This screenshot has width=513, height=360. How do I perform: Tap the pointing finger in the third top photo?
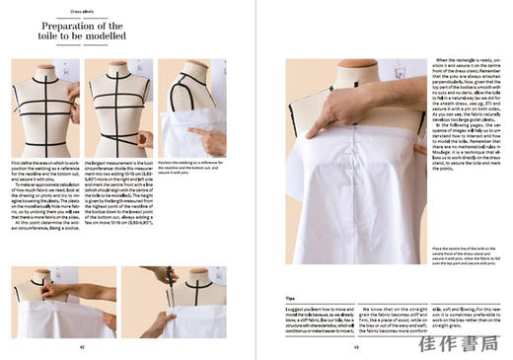click(202, 136)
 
